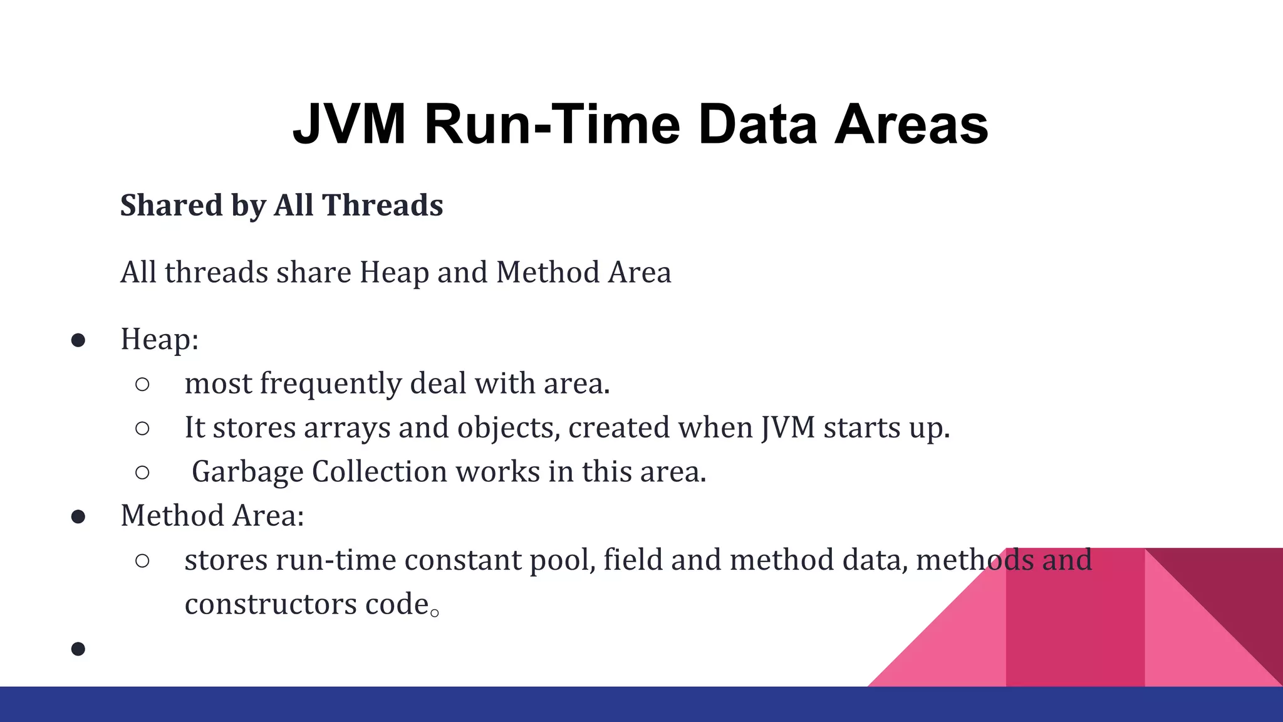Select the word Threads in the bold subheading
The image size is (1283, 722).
tap(382, 206)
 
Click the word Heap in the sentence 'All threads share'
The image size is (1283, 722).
tap(395, 273)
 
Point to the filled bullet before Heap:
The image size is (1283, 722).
tap(78, 340)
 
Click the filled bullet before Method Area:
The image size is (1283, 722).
tap(78, 516)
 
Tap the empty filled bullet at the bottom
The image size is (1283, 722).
tap(78, 649)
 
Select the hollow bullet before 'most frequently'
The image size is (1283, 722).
tap(142, 384)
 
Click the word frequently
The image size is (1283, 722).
tap(330, 384)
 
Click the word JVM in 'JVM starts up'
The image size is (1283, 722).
tap(788, 428)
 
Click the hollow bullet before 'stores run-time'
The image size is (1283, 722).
tap(142, 561)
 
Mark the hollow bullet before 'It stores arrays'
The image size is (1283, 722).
tap(142, 429)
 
